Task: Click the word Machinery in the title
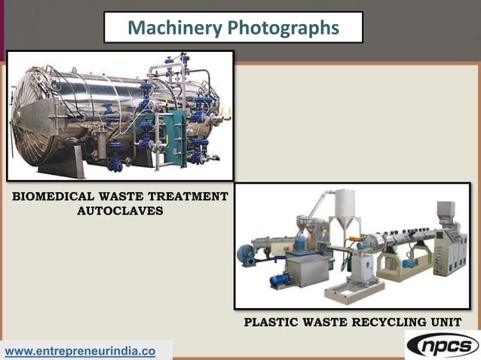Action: pos(164,28)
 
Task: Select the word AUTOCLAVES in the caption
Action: pos(120,211)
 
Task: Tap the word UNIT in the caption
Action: pos(445,322)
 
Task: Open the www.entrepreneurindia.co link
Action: pos(80,351)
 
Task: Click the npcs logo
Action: pos(443,346)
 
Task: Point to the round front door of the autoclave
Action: pos(34,113)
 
